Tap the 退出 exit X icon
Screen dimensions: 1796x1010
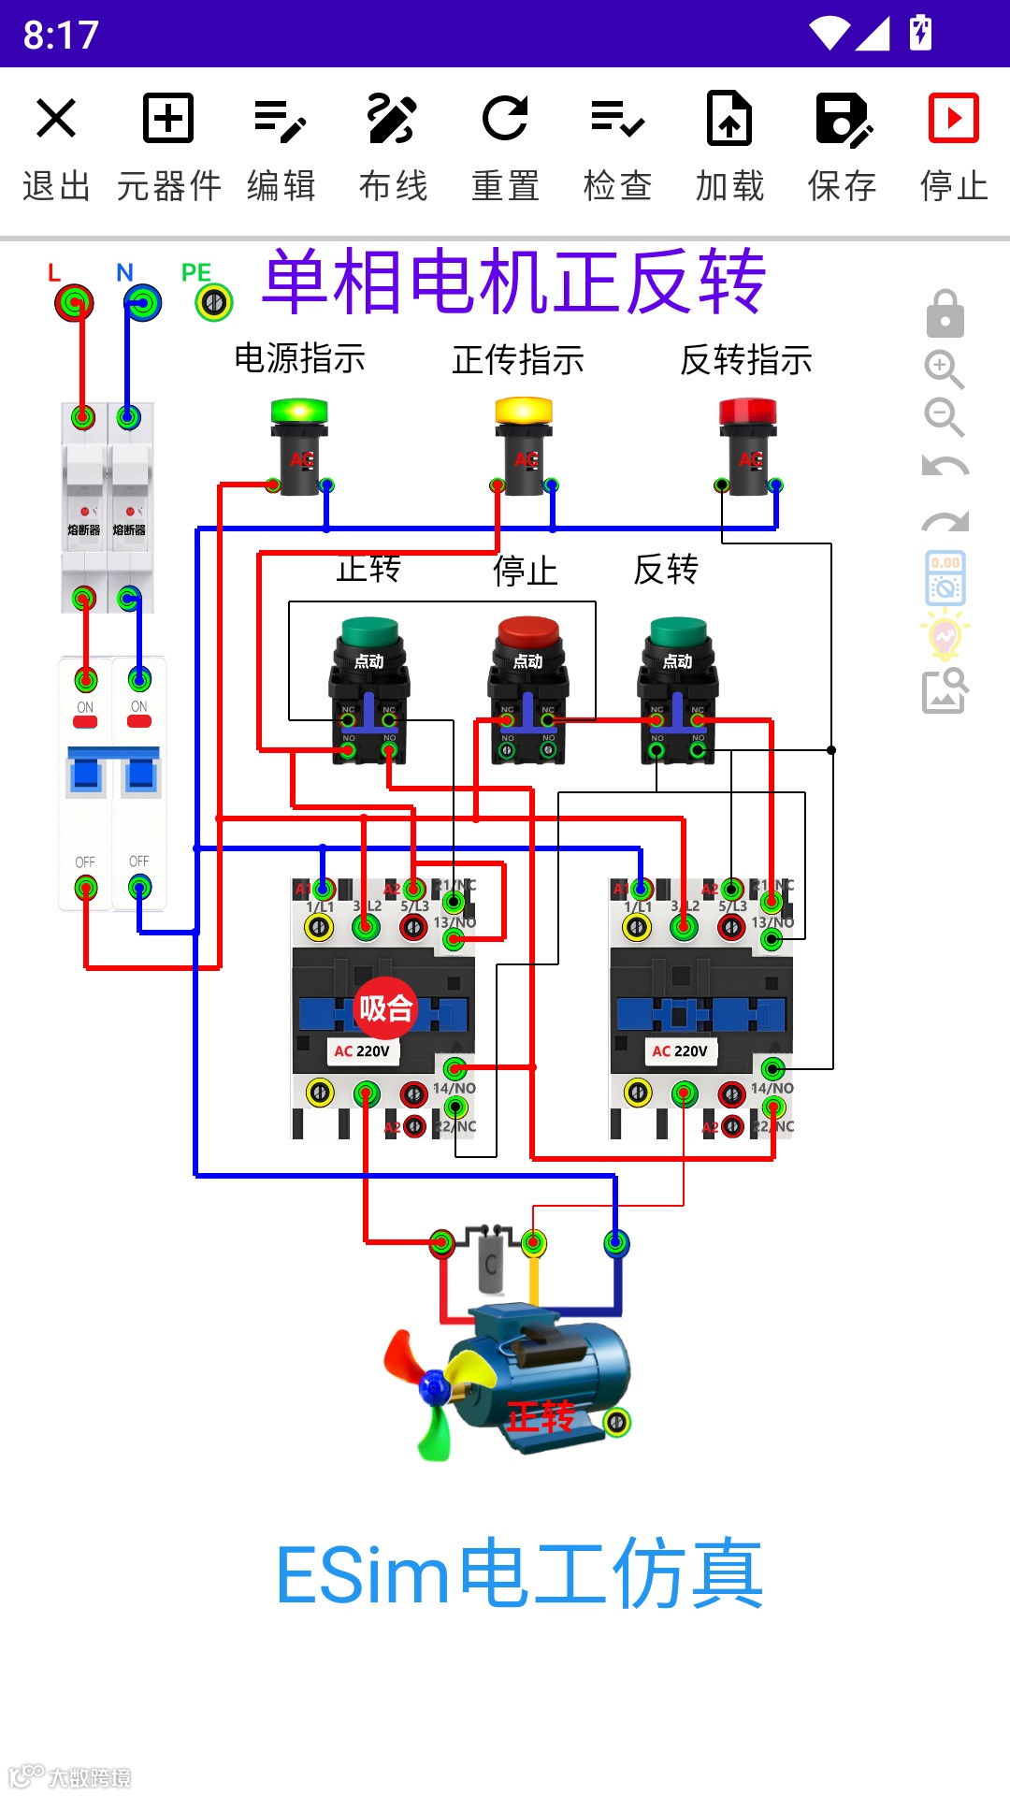click(56, 119)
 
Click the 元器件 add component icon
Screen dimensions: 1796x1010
click(168, 119)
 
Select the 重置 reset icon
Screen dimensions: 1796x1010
click(505, 119)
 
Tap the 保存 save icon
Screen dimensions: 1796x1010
click(842, 119)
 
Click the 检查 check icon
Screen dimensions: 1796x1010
click(617, 119)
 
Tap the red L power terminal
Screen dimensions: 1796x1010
click(74, 303)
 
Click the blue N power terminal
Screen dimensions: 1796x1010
click(143, 303)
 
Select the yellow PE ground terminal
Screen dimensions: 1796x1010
click(214, 303)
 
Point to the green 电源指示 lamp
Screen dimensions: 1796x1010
click(299, 412)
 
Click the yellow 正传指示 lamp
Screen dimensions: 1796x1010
click(524, 412)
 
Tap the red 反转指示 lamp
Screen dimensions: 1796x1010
click(748, 412)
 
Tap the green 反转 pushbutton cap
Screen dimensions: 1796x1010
click(678, 632)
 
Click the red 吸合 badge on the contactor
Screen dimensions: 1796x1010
click(385, 1008)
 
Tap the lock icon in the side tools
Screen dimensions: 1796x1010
click(945, 314)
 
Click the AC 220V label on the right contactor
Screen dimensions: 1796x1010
click(680, 1051)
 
